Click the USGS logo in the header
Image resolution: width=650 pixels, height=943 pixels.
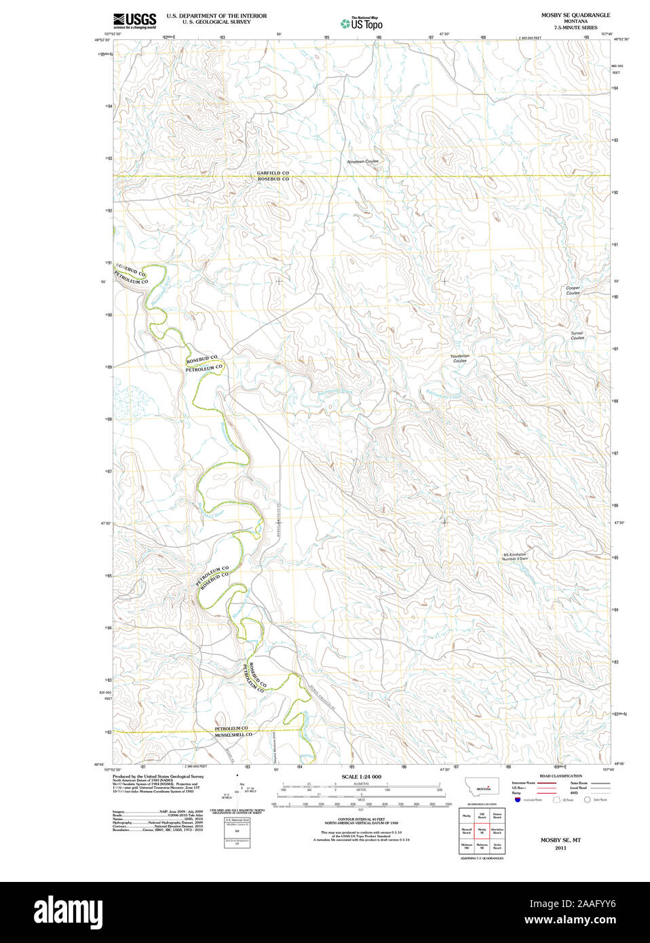(134, 20)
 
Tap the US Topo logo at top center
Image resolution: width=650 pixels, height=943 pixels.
(362, 24)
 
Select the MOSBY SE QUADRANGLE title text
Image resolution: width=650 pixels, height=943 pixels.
(575, 15)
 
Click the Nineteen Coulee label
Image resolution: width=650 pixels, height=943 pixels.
(363, 161)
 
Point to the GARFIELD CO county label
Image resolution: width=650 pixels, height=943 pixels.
(273, 173)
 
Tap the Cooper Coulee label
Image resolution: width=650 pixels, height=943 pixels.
(573, 290)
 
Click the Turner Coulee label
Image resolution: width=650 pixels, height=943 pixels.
(577, 335)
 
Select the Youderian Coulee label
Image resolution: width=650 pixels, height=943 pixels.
(460, 358)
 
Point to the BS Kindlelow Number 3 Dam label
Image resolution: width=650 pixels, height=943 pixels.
(514, 556)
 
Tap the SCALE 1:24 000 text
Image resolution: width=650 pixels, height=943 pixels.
(361, 776)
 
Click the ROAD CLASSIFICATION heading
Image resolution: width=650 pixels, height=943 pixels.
(560, 775)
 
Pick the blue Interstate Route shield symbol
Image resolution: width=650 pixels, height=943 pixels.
(518, 800)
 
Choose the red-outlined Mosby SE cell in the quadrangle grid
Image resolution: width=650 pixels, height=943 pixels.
(482, 830)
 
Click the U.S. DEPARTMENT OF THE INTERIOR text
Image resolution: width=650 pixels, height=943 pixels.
(216, 16)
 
